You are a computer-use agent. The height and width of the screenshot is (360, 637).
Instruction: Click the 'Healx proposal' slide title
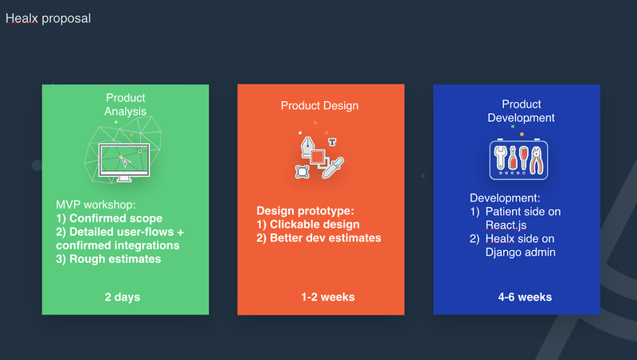pyautogui.click(x=48, y=18)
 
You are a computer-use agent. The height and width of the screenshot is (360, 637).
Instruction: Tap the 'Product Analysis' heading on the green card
pyautogui.click(x=125, y=104)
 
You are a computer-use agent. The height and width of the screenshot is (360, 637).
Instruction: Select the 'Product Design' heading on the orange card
pyautogui.click(x=320, y=106)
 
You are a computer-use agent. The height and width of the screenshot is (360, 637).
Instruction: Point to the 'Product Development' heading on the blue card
pyautogui.click(x=522, y=111)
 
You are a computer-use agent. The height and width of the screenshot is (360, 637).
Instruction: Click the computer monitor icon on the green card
pyautogui.click(x=124, y=162)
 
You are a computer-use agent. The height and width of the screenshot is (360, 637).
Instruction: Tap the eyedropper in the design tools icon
pyautogui.click(x=333, y=168)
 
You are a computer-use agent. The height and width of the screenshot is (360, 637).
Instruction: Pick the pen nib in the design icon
pyautogui.click(x=307, y=147)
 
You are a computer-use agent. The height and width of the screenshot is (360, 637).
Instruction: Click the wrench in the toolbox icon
pyautogui.click(x=501, y=158)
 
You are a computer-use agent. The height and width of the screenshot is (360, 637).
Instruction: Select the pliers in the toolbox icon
pyautogui.click(x=537, y=160)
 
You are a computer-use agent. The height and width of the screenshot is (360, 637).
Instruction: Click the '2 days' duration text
pyautogui.click(x=123, y=297)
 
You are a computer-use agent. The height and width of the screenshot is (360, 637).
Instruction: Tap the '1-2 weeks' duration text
pyautogui.click(x=328, y=297)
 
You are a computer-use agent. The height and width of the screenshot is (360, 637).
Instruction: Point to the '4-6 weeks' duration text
pyautogui.click(x=525, y=297)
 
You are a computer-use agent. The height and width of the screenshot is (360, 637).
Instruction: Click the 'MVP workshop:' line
pyautogui.click(x=96, y=205)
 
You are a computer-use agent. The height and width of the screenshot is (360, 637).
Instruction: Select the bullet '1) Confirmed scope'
pyautogui.click(x=109, y=218)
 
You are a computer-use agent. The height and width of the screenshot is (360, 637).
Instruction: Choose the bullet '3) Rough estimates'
pyautogui.click(x=108, y=259)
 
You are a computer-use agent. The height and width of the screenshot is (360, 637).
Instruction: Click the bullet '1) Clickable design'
pyautogui.click(x=308, y=225)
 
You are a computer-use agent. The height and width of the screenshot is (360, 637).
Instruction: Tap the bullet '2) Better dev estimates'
pyautogui.click(x=319, y=238)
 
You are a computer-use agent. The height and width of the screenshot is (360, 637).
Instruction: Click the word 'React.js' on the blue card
pyautogui.click(x=506, y=225)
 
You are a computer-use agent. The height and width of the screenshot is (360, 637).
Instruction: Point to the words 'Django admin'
pyautogui.click(x=521, y=252)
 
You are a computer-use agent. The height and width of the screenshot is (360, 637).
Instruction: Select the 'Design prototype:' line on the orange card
pyautogui.click(x=305, y=211)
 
